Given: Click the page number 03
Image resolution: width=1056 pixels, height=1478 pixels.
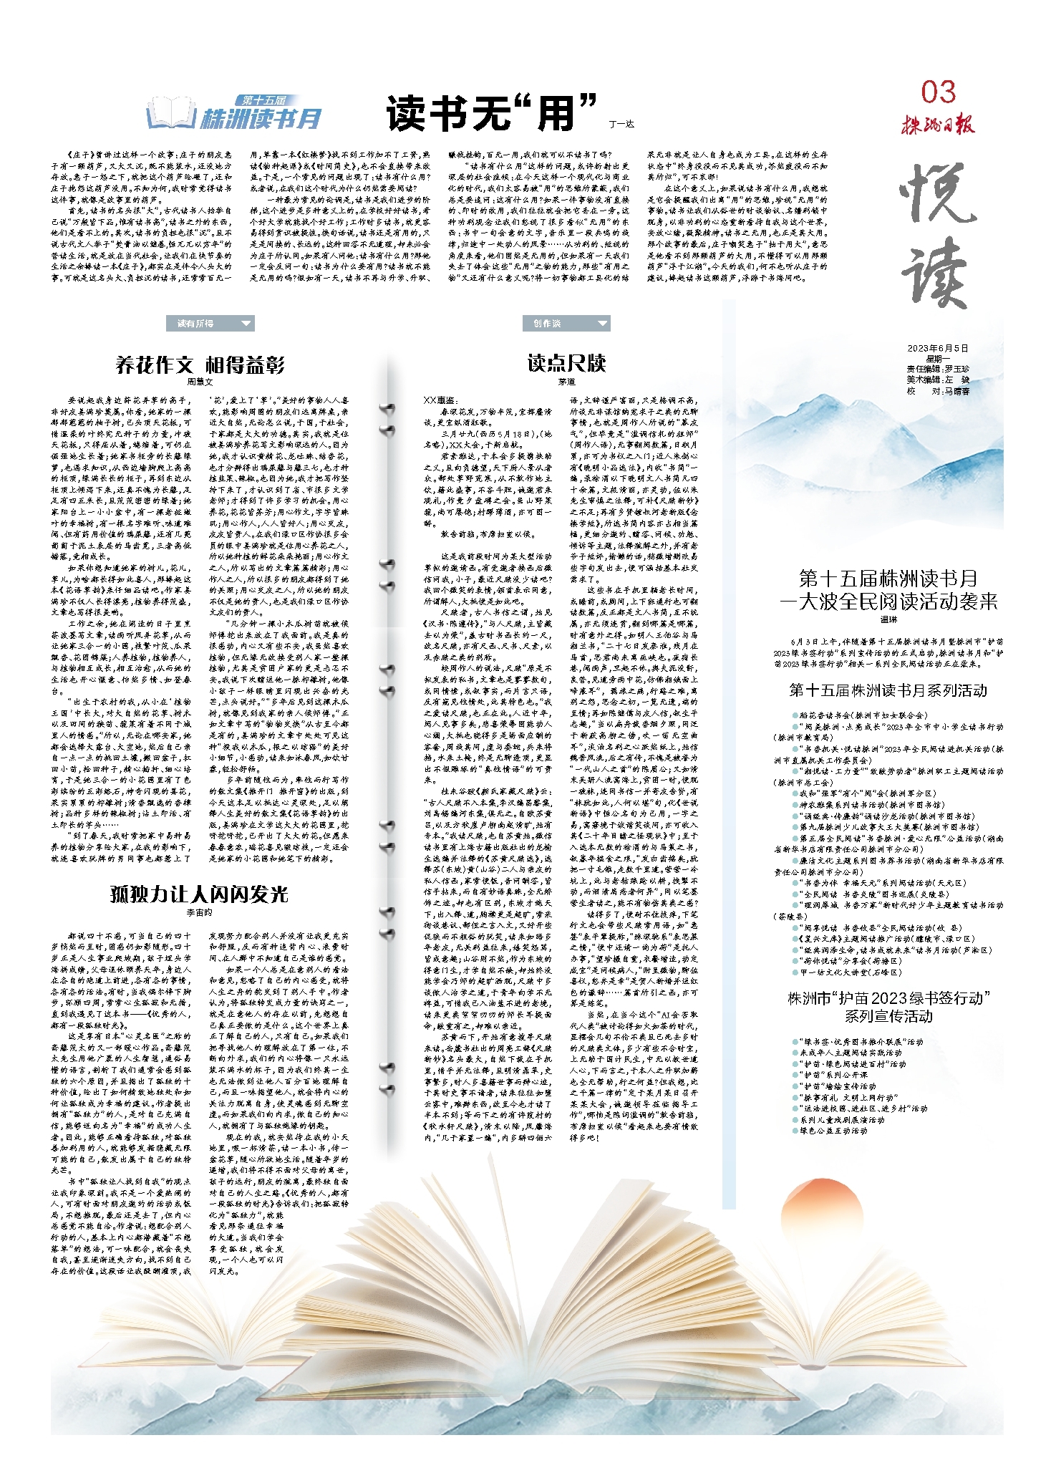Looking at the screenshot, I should [x=938, y=92].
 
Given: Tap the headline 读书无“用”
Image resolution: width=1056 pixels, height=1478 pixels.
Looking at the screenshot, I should [x=491, y=112].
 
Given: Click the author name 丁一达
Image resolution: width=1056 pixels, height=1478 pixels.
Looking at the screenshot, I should [x=621, y=124].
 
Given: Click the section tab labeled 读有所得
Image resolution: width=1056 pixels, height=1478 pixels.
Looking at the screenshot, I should [x=196, y=324].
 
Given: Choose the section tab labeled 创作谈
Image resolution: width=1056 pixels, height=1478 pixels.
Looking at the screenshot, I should [x=548, y=324].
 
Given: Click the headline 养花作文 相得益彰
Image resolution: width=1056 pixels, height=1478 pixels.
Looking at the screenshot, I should [x=200, y=365].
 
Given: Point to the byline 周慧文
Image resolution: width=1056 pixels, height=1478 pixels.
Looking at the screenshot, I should [x=200, y=382].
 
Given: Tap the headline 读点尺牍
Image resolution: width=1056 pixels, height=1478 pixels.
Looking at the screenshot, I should [x=566, y=364].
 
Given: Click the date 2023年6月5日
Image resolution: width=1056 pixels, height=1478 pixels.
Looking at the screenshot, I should [x=938, y=348].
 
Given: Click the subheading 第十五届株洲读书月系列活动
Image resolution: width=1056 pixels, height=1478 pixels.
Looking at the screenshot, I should [x=888, y=690].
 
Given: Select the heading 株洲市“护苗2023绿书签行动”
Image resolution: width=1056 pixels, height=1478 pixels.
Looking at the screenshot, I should [x=888, y=998].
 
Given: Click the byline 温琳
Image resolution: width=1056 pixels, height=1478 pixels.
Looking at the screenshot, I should [x=888, y=619].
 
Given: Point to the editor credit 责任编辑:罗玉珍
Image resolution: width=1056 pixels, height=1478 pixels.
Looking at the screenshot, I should [x=938, y=369].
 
